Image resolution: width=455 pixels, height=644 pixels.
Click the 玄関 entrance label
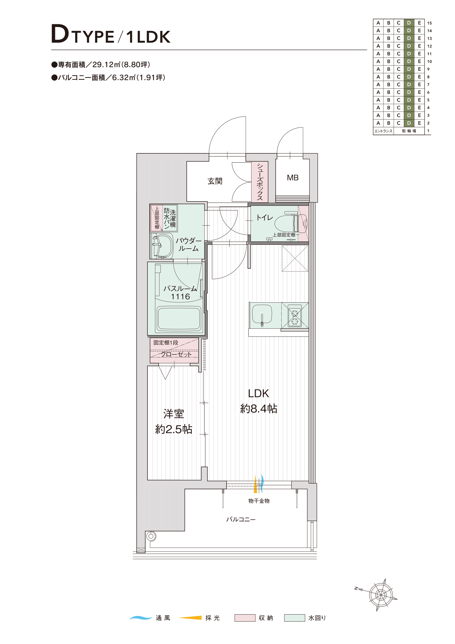point(215,181)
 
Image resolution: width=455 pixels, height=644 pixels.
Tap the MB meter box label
point(292,178)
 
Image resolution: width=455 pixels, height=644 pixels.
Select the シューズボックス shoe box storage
point(260,182)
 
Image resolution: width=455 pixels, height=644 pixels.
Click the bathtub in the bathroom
point(179,319)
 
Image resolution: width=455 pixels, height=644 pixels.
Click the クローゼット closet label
point(176,354)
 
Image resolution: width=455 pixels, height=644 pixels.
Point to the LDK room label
point(258,393)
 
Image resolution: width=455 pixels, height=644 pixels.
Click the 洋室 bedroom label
point(174,414)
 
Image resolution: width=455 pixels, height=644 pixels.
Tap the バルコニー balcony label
point(241,520)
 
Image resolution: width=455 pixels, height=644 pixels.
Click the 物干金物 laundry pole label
point(259,501)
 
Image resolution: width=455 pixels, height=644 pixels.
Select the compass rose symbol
point(380,595)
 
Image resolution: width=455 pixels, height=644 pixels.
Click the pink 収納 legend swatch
point(245,618)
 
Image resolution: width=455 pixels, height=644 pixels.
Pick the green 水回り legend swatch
point(294,618)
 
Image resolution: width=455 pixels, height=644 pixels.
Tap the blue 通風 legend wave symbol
point(141,618)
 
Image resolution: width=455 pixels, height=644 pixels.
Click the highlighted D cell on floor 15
point(409,23)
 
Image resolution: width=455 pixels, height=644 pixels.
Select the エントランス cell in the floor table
point(383,131)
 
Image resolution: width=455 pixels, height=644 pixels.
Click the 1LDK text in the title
point(148,37)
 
